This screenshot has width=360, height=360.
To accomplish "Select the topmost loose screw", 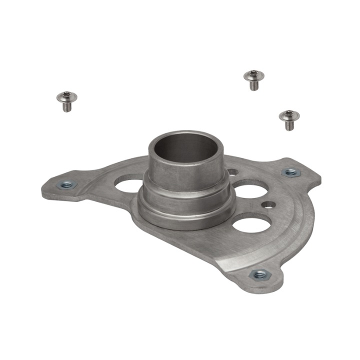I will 253,79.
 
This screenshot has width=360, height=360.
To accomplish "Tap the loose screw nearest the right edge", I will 288,119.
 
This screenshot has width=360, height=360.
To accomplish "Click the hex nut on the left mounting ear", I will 66,184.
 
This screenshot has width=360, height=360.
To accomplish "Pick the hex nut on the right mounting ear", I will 290,172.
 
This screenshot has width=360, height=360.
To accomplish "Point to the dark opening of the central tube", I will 186,147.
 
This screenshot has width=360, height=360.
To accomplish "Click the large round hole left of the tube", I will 129,184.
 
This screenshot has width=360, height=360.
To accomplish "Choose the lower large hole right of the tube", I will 251,222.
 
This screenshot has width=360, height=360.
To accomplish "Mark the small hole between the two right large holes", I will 268,204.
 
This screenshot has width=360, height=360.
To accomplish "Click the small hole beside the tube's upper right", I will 232,172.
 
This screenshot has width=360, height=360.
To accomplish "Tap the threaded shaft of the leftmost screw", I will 67,106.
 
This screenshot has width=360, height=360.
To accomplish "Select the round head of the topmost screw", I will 253,75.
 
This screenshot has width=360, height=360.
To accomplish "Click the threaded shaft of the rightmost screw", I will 288,125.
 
